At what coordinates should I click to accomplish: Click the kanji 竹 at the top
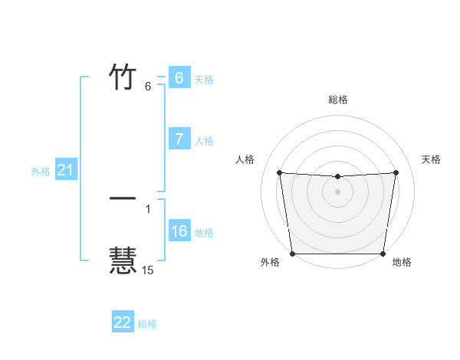pos(123,77)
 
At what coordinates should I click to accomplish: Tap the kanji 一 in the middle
pos(123,198)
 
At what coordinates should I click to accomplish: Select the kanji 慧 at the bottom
pos(123,260)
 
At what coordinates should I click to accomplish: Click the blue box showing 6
pos(179,78)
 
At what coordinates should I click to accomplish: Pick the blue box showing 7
pos(179,139)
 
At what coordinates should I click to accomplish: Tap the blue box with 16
pos(179,231)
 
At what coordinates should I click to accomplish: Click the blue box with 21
pos(65,170)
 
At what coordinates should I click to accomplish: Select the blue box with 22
pos(123,322)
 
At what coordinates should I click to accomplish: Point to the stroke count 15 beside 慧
pos(147,270)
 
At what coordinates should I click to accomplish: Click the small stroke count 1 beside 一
pos(148,208)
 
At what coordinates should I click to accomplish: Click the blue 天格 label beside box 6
pos(204,80)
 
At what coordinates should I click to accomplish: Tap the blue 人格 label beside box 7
pos(204,141)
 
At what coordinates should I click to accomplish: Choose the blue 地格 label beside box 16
pos(204,233)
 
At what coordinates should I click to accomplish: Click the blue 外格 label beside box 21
pos(41,172)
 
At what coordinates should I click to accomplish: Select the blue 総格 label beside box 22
pos(147,324)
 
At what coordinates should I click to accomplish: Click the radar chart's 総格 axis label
pos(338,100)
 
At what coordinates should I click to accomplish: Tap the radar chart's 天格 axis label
pos(432,159)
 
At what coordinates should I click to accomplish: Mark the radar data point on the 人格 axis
pos(280,172)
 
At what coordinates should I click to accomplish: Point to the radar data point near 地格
pos(383,254)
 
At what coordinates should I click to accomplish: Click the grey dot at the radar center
pos(338,191)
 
